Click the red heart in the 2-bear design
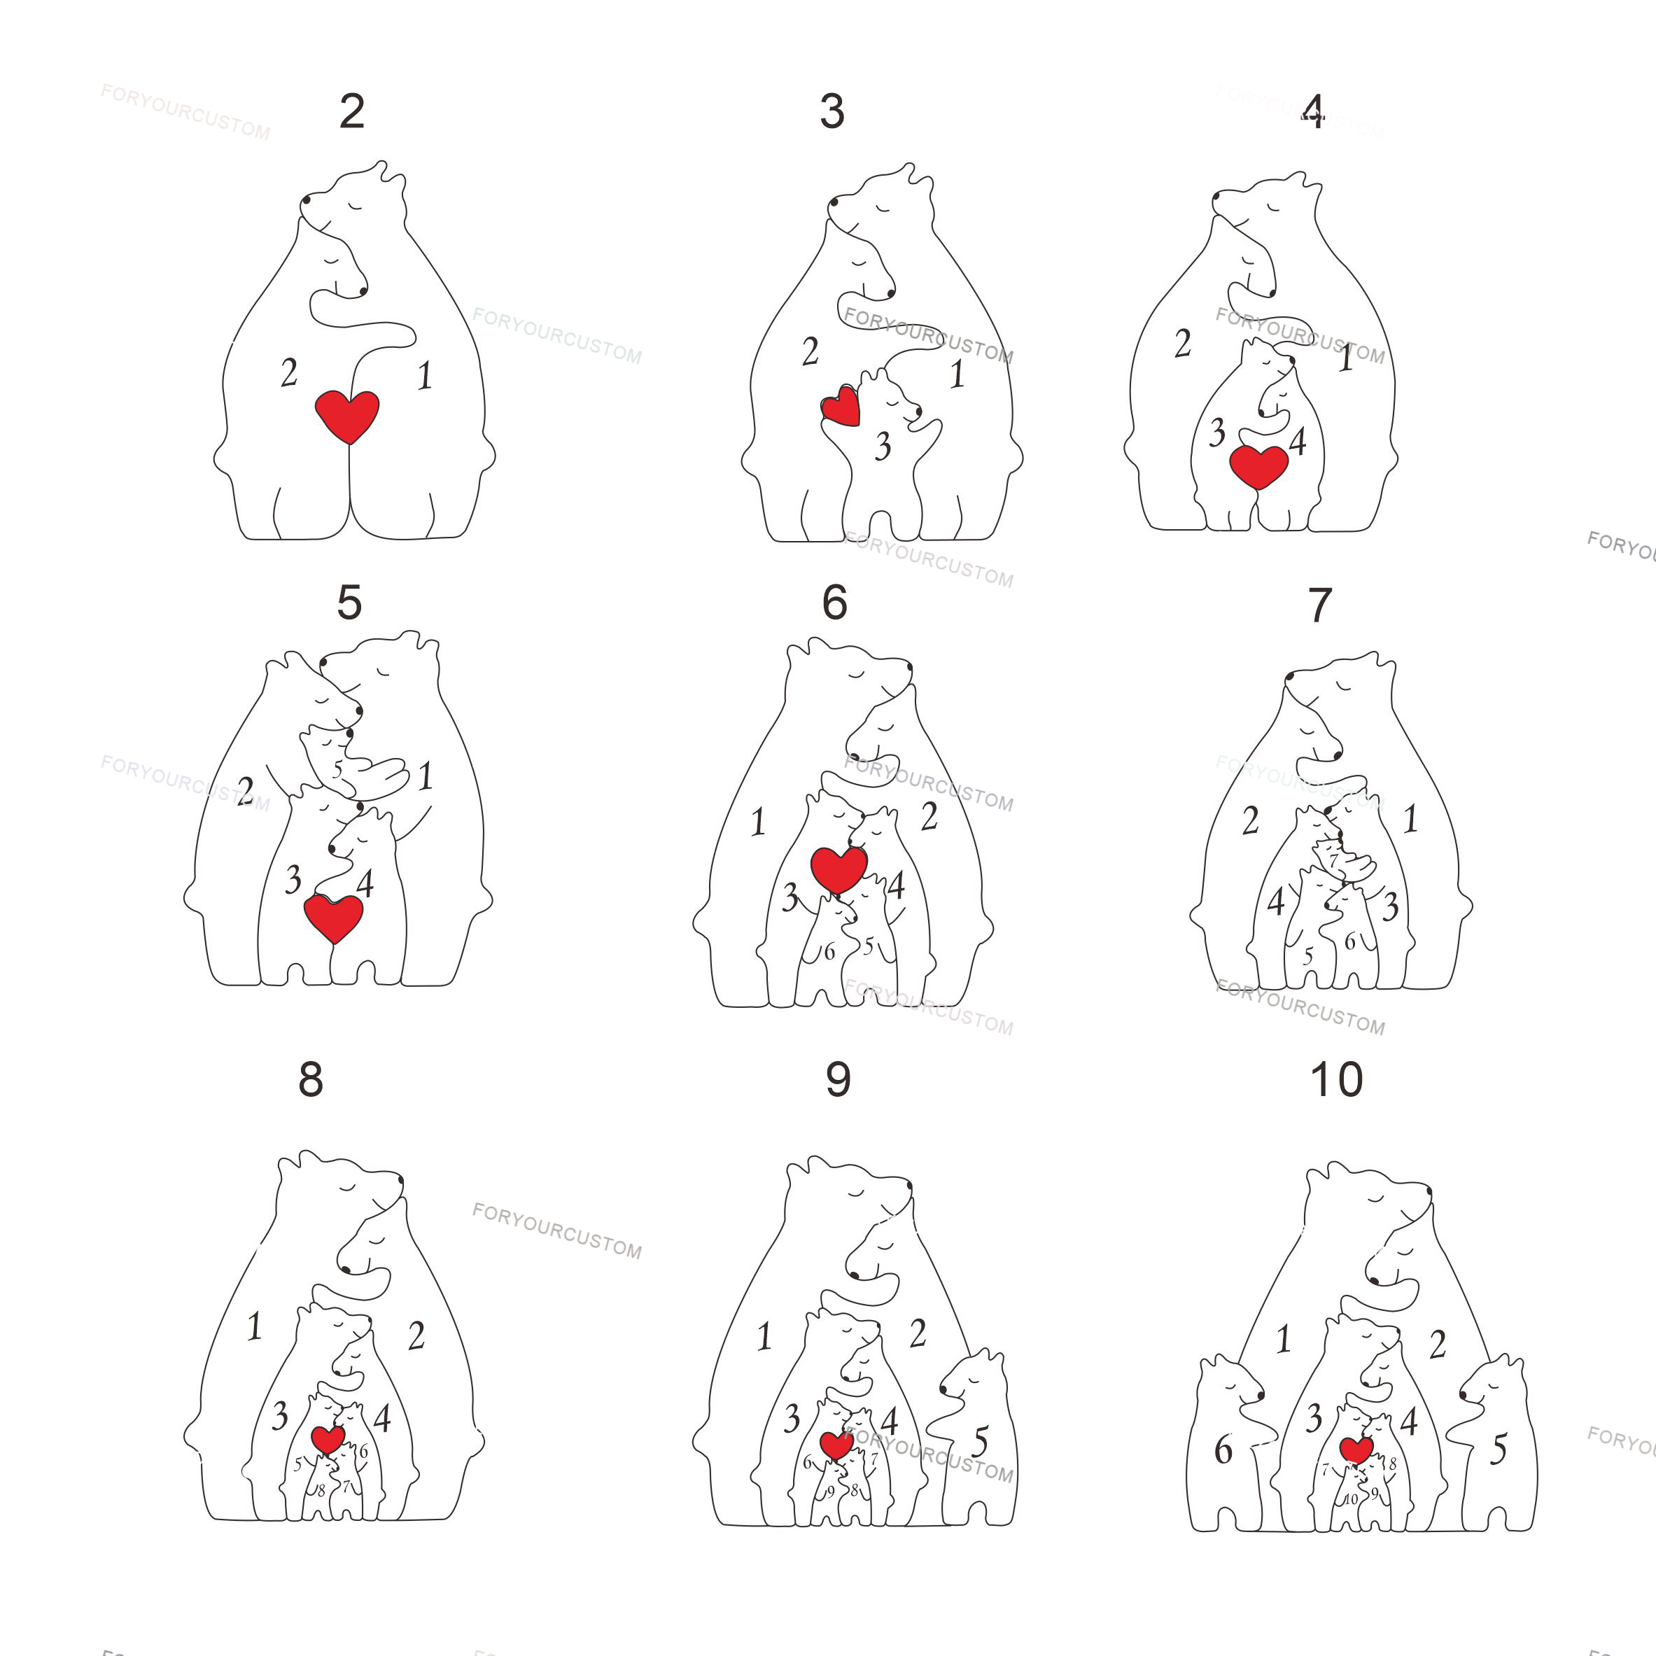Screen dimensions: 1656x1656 (347, 415)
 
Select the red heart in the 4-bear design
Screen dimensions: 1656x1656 (1258, 465)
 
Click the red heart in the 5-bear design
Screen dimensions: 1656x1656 (333, 916)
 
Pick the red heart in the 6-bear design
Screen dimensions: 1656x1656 (839, 869)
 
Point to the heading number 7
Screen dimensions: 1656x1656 (1320, 606)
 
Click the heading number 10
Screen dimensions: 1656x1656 (1336, 1080)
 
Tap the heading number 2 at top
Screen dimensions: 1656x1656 (352, 111)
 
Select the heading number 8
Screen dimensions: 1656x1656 (310, 1080)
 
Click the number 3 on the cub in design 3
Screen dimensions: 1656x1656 (883, 447)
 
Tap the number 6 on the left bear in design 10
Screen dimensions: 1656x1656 (1223, 1450)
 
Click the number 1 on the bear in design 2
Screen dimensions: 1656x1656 (424, 375)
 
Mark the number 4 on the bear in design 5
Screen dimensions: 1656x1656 (365, 884)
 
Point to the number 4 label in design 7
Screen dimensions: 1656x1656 (1275, 901)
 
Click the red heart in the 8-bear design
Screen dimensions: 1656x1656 (328, 1439)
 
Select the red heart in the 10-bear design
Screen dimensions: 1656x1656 (1356, 1450)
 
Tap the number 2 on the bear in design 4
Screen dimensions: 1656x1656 (1183, 344)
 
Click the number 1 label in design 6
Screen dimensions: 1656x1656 (758, 823)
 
